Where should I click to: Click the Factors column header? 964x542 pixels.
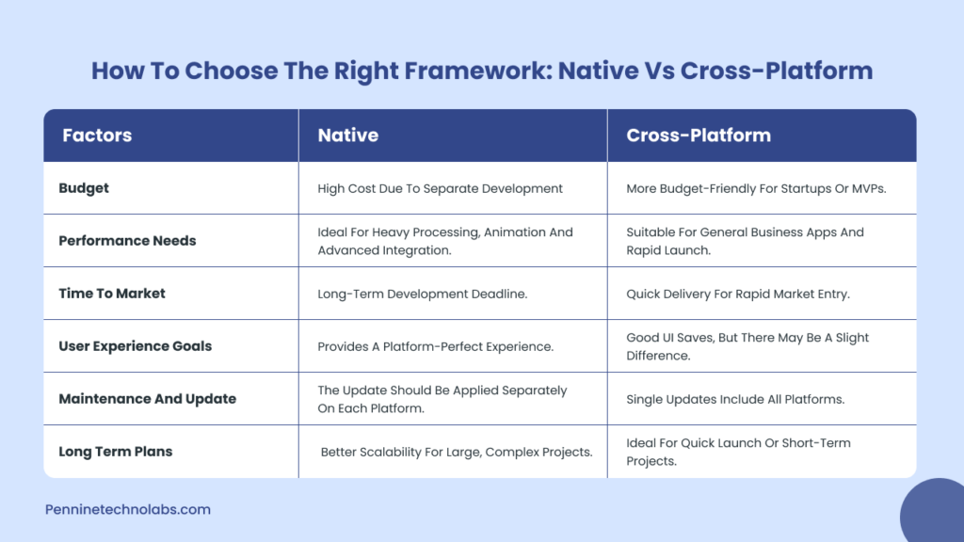[x=97, y=135]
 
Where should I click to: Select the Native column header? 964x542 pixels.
[x=347, y=135]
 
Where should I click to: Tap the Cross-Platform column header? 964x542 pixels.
[x=698, y=135]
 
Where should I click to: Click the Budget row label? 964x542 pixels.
[x=84, y=188]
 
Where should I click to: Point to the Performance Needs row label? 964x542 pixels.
[x=127, y=241]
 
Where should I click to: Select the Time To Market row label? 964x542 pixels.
[x=112, y=294]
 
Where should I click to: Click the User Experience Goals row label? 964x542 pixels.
[x=135, y=346]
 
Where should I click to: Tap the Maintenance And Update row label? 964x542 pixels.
[x=147, y=399]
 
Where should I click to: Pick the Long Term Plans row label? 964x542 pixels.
[x=115, y=452]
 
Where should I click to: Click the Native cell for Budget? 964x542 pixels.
[x=440, y=188]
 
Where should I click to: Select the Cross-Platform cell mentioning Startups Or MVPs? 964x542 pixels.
[x=756, y=188]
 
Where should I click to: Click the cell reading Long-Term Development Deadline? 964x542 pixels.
[x=422, y=294]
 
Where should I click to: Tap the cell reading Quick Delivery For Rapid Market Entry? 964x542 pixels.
[x=737, y=294]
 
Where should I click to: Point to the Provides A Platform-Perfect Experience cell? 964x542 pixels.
[x=435, y=346]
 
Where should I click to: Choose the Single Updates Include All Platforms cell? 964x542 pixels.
[x=734, y=399]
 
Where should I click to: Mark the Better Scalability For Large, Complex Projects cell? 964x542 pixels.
[x=456, y=452]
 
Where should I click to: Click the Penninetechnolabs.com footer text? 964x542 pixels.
[x=127, y=509]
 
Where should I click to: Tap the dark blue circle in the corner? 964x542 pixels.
[x=934, y=513]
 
